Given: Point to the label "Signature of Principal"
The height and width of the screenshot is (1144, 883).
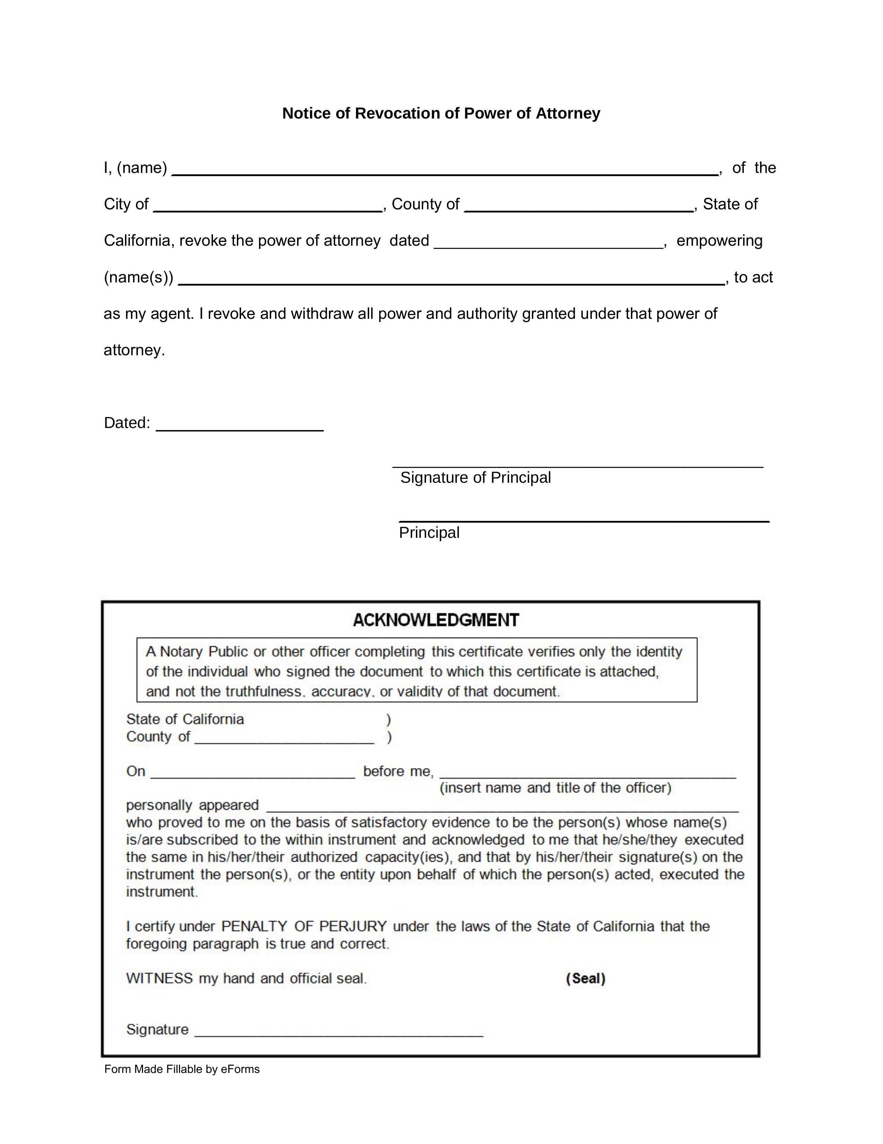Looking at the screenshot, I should [475, 477].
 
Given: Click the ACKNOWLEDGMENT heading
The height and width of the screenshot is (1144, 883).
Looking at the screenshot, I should [436, 620].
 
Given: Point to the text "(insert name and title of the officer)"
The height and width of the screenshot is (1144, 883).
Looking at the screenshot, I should [555, 788].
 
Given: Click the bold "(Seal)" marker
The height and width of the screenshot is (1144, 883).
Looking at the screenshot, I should [585, 978].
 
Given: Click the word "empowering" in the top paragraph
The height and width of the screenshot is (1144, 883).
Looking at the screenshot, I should [719, 241].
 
